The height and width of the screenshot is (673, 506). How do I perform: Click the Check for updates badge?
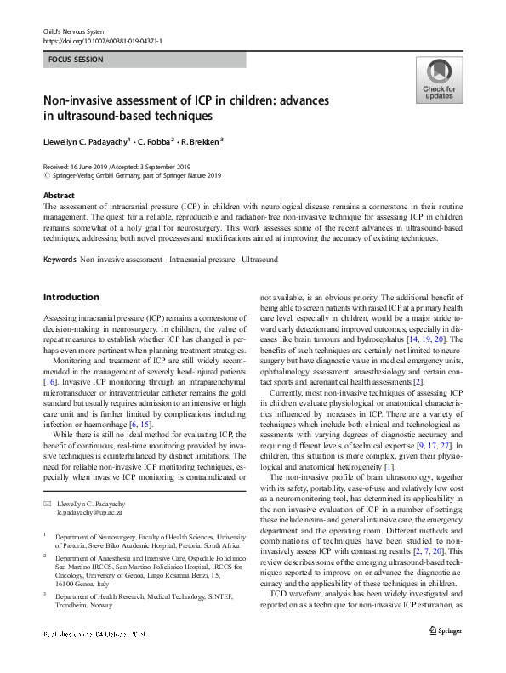coord(438,80)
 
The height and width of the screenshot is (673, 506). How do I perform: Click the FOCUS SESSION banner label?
coord(76,60)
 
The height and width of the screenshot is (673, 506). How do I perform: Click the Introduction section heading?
coord(72,297)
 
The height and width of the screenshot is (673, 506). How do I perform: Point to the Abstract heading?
coord(58,194)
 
